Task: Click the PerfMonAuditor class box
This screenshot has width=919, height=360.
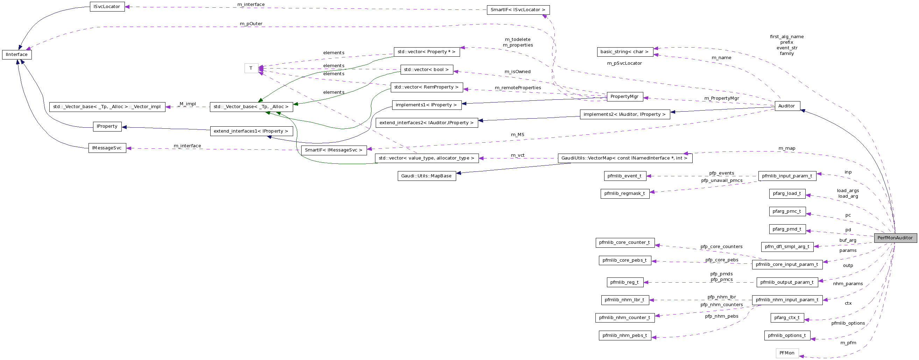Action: (x=895, y=238)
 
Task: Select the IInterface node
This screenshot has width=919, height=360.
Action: (x=17, y=55)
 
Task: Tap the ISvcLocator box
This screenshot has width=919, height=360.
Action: (x=107, y=7)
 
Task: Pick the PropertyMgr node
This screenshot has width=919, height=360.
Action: (x=624, y=97)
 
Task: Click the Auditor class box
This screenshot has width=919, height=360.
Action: (x=787, y=106)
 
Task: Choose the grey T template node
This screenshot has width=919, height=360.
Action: (x=251, y=68)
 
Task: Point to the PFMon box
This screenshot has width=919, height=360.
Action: (x=787, y=353)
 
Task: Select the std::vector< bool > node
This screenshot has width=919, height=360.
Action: (x=426, y=70)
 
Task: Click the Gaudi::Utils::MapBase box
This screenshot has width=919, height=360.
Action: (x=426, y=176)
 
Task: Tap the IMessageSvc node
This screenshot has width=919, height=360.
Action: (x=107, y=148)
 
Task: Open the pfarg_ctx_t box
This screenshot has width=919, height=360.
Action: (x=787, y=318)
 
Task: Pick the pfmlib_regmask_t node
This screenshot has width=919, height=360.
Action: (x=625, y=193)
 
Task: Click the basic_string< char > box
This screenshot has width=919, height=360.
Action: (x=625, y=52)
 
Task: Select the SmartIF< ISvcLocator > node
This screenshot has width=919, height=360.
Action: (x=518, y=10)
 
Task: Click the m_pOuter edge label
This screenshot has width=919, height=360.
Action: (x=251, y=23)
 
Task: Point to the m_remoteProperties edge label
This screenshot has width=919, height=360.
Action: (x=518, y=88)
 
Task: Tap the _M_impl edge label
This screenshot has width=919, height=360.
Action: (x=188, y=104)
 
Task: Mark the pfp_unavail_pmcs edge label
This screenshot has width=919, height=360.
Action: (x=722, y=181)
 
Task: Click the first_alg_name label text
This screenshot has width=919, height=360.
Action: (x=787, y=36)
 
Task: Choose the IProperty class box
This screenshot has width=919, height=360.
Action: (x=107, y=126)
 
